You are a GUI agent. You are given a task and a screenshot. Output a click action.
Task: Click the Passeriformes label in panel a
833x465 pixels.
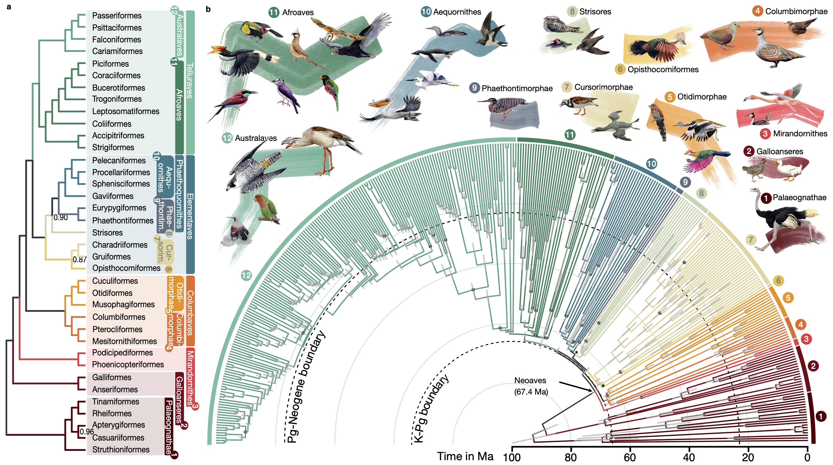(117, 15)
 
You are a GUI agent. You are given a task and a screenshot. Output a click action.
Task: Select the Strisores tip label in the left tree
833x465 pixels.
(107, 233)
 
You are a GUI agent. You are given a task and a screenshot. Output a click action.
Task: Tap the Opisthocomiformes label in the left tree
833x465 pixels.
(126, 268)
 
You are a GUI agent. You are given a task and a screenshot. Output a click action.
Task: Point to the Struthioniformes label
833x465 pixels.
(121, 450)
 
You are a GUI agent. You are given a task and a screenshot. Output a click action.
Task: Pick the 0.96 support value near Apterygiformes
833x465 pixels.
(87, 432)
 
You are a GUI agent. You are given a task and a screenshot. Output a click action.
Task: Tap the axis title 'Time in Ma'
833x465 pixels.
(465, 456)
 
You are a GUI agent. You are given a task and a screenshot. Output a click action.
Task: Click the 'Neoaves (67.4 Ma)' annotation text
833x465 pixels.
(531, 386)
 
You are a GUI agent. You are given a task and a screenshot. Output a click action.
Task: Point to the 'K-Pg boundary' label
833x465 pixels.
(431, 409)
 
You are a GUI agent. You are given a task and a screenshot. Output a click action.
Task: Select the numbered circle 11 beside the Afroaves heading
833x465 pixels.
(274, 12)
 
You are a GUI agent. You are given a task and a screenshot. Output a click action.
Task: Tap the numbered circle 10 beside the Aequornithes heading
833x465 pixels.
(426, 12)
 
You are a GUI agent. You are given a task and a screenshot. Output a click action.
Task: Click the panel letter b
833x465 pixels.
(208, 9)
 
